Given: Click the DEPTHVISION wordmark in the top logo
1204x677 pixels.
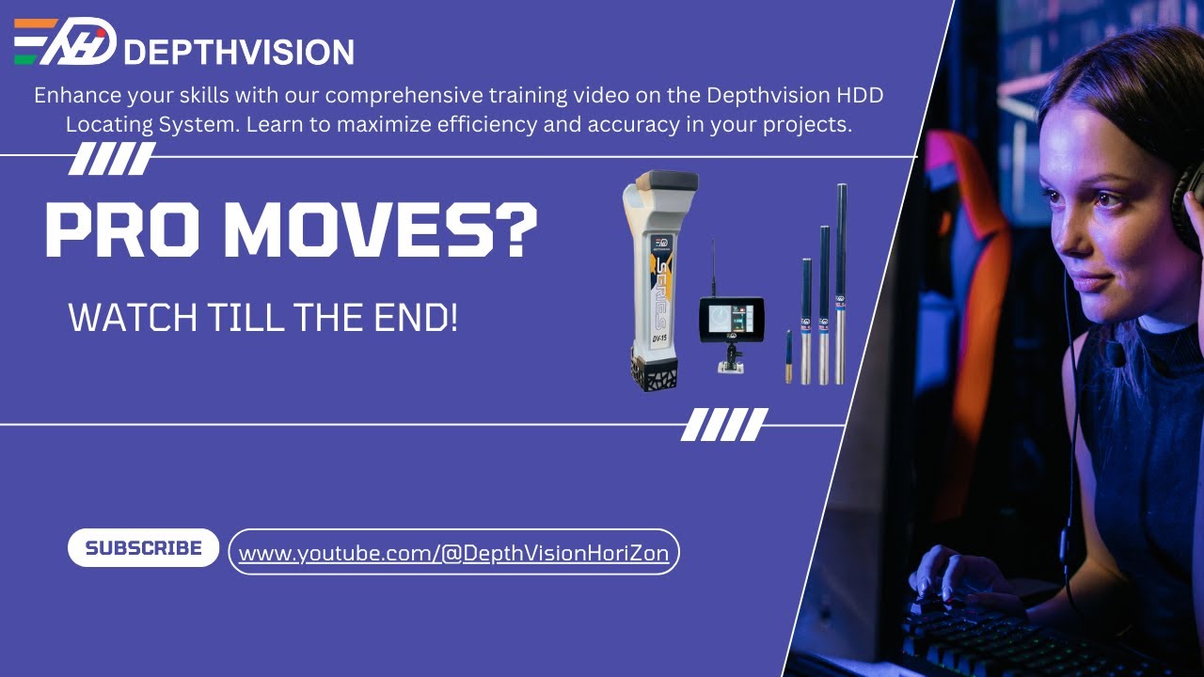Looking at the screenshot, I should coord(238,51).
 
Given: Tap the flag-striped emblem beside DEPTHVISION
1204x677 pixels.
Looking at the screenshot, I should coord(64,42).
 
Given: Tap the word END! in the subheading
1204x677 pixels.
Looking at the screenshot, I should coord(413,319).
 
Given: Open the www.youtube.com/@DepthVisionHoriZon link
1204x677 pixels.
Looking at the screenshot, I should coord(453,553).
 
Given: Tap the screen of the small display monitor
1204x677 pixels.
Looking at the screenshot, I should coord(729,319).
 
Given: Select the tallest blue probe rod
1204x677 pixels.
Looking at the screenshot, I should coord(841,282).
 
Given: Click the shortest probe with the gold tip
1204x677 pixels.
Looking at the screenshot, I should coord(788,357).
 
